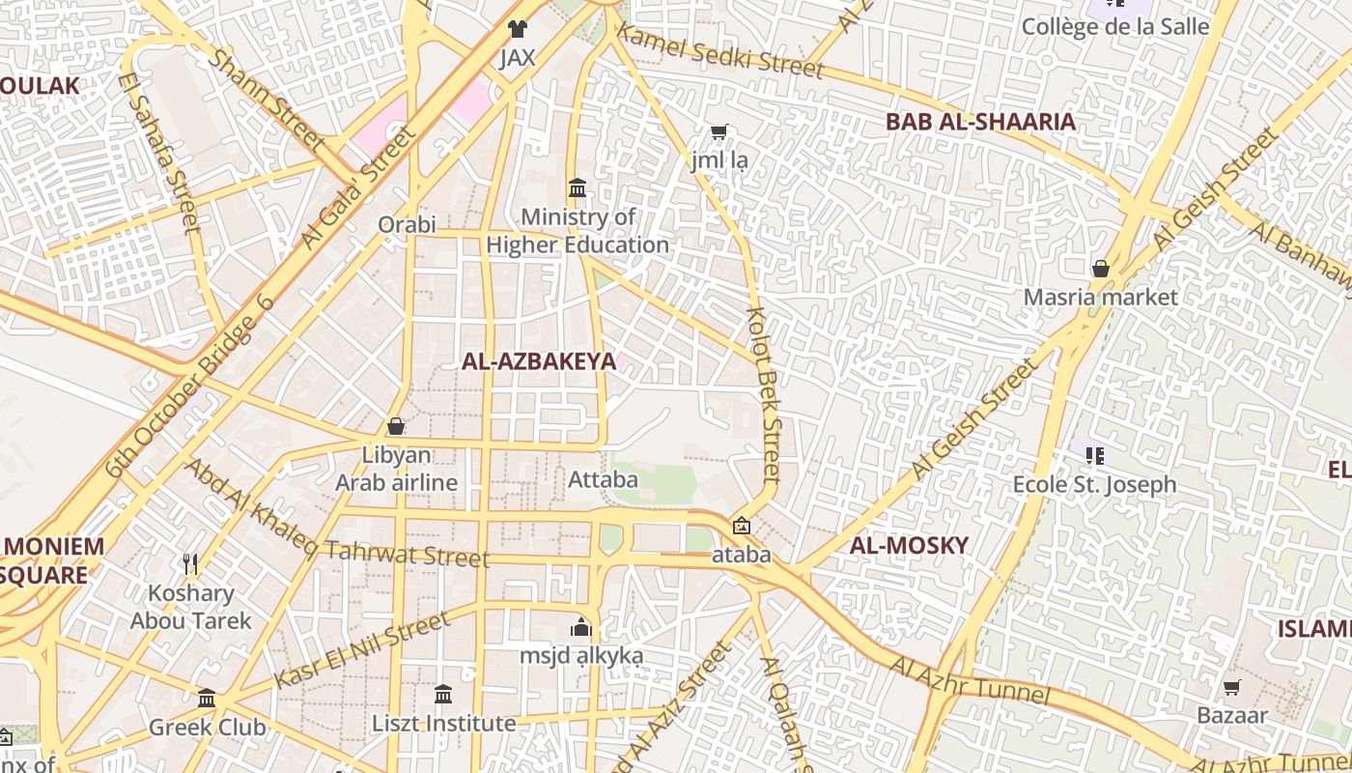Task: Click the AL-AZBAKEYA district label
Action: tap(538, 362)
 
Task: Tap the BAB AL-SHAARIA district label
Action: tap(980, 122)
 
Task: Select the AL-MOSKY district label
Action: tap(908, 545)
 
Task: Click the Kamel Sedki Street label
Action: tap(719, 50)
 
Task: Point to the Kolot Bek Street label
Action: tap(764, 396)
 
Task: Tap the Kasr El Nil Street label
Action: tap(362, 649)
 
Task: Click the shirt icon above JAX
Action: tap(518, 29)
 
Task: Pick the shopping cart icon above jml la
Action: tap(718, 131)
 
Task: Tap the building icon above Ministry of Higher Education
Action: tap(577, 187)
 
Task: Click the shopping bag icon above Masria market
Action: tap(1100, 269)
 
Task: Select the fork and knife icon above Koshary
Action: tap(190, 564)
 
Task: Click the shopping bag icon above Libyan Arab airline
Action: tap(396, 425)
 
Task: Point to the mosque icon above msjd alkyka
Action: tap(580, 628)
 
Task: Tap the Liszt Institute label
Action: tap(444, 724)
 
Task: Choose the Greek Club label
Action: tap(207, 727)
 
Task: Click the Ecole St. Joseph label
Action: tap(1094, 484)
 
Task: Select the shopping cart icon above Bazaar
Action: tap(1231, 688)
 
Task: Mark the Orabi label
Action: tap(407, 225)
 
